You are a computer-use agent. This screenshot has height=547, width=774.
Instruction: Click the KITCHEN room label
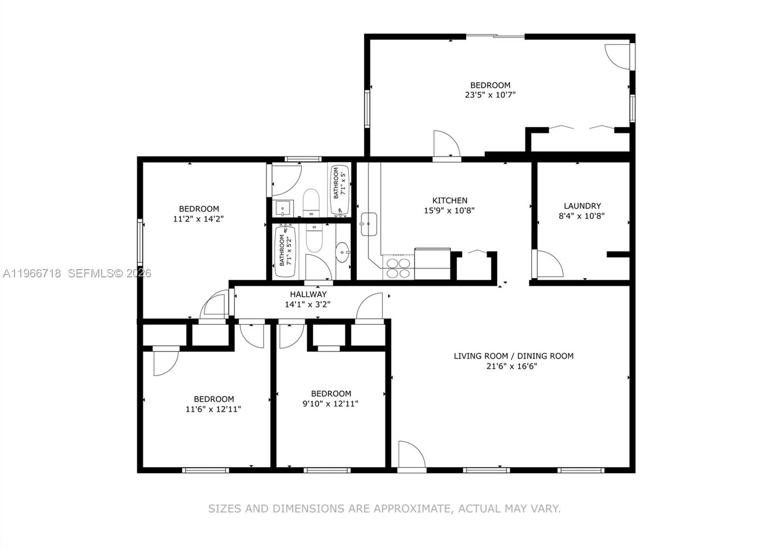(x=449, y=200)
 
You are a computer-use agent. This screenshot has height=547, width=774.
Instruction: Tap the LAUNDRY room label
(x=582, y=206)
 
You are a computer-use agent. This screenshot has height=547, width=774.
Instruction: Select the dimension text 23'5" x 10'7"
(x=490, y=95)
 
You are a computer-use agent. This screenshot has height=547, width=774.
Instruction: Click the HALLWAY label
(x=308, y=294)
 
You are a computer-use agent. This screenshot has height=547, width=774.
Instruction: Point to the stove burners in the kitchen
(x=398, y=268)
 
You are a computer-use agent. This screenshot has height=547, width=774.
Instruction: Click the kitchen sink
(x=369, y=224)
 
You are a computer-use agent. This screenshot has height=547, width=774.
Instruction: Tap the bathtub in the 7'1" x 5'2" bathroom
(x=285, y=252)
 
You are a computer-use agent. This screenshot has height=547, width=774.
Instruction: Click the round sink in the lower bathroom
(x=342, y=252)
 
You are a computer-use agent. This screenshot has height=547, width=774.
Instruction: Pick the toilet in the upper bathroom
(x=311, y=201)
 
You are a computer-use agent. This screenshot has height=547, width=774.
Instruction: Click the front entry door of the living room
(x=411, y=455)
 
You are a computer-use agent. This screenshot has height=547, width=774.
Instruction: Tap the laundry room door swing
(x=549, y=264)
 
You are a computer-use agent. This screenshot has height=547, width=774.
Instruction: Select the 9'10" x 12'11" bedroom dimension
(x=330, y=404)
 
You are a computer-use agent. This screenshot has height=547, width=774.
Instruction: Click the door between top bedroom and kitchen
(x=446, y=144)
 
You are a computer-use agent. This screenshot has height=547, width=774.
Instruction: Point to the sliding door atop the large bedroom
(x=495, y=36)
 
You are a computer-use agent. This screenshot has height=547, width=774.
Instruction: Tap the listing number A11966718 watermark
(x=32, y=273)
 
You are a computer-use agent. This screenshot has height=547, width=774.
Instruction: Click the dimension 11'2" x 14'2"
(x=198, y=219)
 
